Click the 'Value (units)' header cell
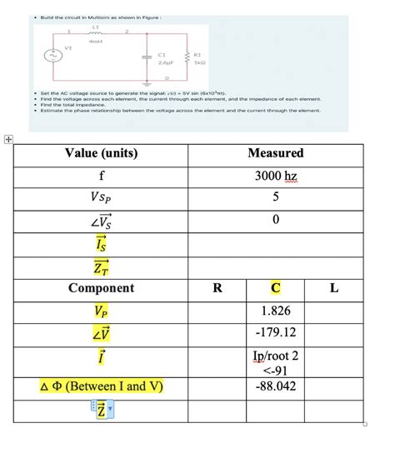pos(101,153)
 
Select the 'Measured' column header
pos(276,153)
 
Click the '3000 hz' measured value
pos(276,176)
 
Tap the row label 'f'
pos(101,176)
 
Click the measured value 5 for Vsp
pos(276,198)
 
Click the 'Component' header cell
pos(101,288)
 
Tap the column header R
pos(217,288)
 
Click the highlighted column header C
pos(276,288)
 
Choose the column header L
pos(334,288)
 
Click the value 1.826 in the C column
pos(276,311)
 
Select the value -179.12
pos(276,333)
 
